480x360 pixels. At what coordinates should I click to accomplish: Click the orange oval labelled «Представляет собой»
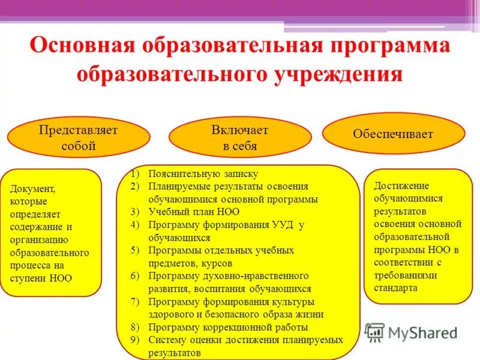click(79, 138)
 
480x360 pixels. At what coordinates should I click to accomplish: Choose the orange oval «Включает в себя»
click(239, 138)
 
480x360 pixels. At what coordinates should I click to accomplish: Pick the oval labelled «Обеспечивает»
click(393, 134)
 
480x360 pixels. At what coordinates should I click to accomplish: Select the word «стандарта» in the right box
click(395, 287)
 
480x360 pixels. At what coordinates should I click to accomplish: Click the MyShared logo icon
click(374, 332)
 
